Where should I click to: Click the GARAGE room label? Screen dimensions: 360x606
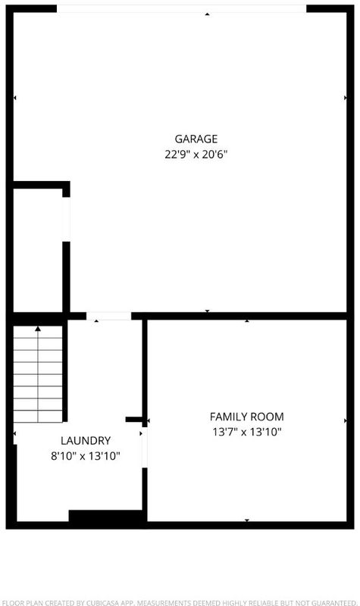pos(196,139)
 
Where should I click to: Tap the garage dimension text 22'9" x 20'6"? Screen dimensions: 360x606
pos(196,155)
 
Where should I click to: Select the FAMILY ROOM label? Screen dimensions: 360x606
pos(247,417)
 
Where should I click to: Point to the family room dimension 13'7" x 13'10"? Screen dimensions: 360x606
pos(247,432)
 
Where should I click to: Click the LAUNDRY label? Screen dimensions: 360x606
pos(86,441)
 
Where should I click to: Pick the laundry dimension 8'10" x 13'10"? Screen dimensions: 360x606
pos(86,457)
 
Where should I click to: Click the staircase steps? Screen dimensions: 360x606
pos(38,374)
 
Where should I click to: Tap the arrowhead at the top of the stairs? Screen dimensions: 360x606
pos(38,329)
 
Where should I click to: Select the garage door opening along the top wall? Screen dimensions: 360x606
pos(182,8)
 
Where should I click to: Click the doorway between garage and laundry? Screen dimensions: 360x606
pos(108,316)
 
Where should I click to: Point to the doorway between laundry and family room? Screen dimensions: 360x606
pos(145,447)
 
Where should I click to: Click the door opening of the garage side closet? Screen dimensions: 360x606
pos(67,219)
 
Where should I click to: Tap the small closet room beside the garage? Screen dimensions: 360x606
pos(38,251)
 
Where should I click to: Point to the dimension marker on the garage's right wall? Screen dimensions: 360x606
pos(346,98)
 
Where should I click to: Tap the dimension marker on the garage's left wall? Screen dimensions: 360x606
pos(14,98)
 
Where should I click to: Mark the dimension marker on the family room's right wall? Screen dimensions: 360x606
pos(346,421)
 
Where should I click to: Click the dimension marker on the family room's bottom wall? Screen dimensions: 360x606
pos(247,520)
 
